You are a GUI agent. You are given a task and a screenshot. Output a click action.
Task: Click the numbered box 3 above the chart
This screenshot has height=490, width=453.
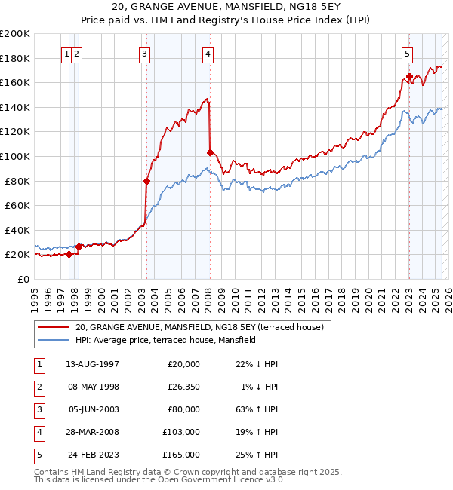[143, 54]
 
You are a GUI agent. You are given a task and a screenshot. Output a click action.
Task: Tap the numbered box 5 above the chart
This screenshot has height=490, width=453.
[407, 54]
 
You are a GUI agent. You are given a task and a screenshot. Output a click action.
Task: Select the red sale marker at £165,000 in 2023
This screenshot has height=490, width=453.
[409, 76]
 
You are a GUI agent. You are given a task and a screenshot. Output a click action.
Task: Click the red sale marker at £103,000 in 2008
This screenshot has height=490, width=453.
[210, 152]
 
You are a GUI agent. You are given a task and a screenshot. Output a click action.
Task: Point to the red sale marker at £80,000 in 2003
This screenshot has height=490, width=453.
[146, 181]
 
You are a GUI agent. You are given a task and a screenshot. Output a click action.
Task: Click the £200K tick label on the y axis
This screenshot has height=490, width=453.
[15, 34]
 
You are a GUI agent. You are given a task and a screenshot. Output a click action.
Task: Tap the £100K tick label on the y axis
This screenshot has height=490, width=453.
[15, 156]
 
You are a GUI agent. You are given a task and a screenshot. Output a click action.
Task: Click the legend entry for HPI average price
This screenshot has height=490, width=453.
[165, 340]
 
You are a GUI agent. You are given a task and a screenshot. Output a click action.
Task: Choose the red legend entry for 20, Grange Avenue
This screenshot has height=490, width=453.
[199, 327]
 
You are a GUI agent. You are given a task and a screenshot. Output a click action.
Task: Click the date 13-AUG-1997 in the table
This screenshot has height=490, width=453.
[92, 364]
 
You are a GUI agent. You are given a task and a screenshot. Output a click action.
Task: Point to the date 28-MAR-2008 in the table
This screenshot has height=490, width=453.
[92, 432]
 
